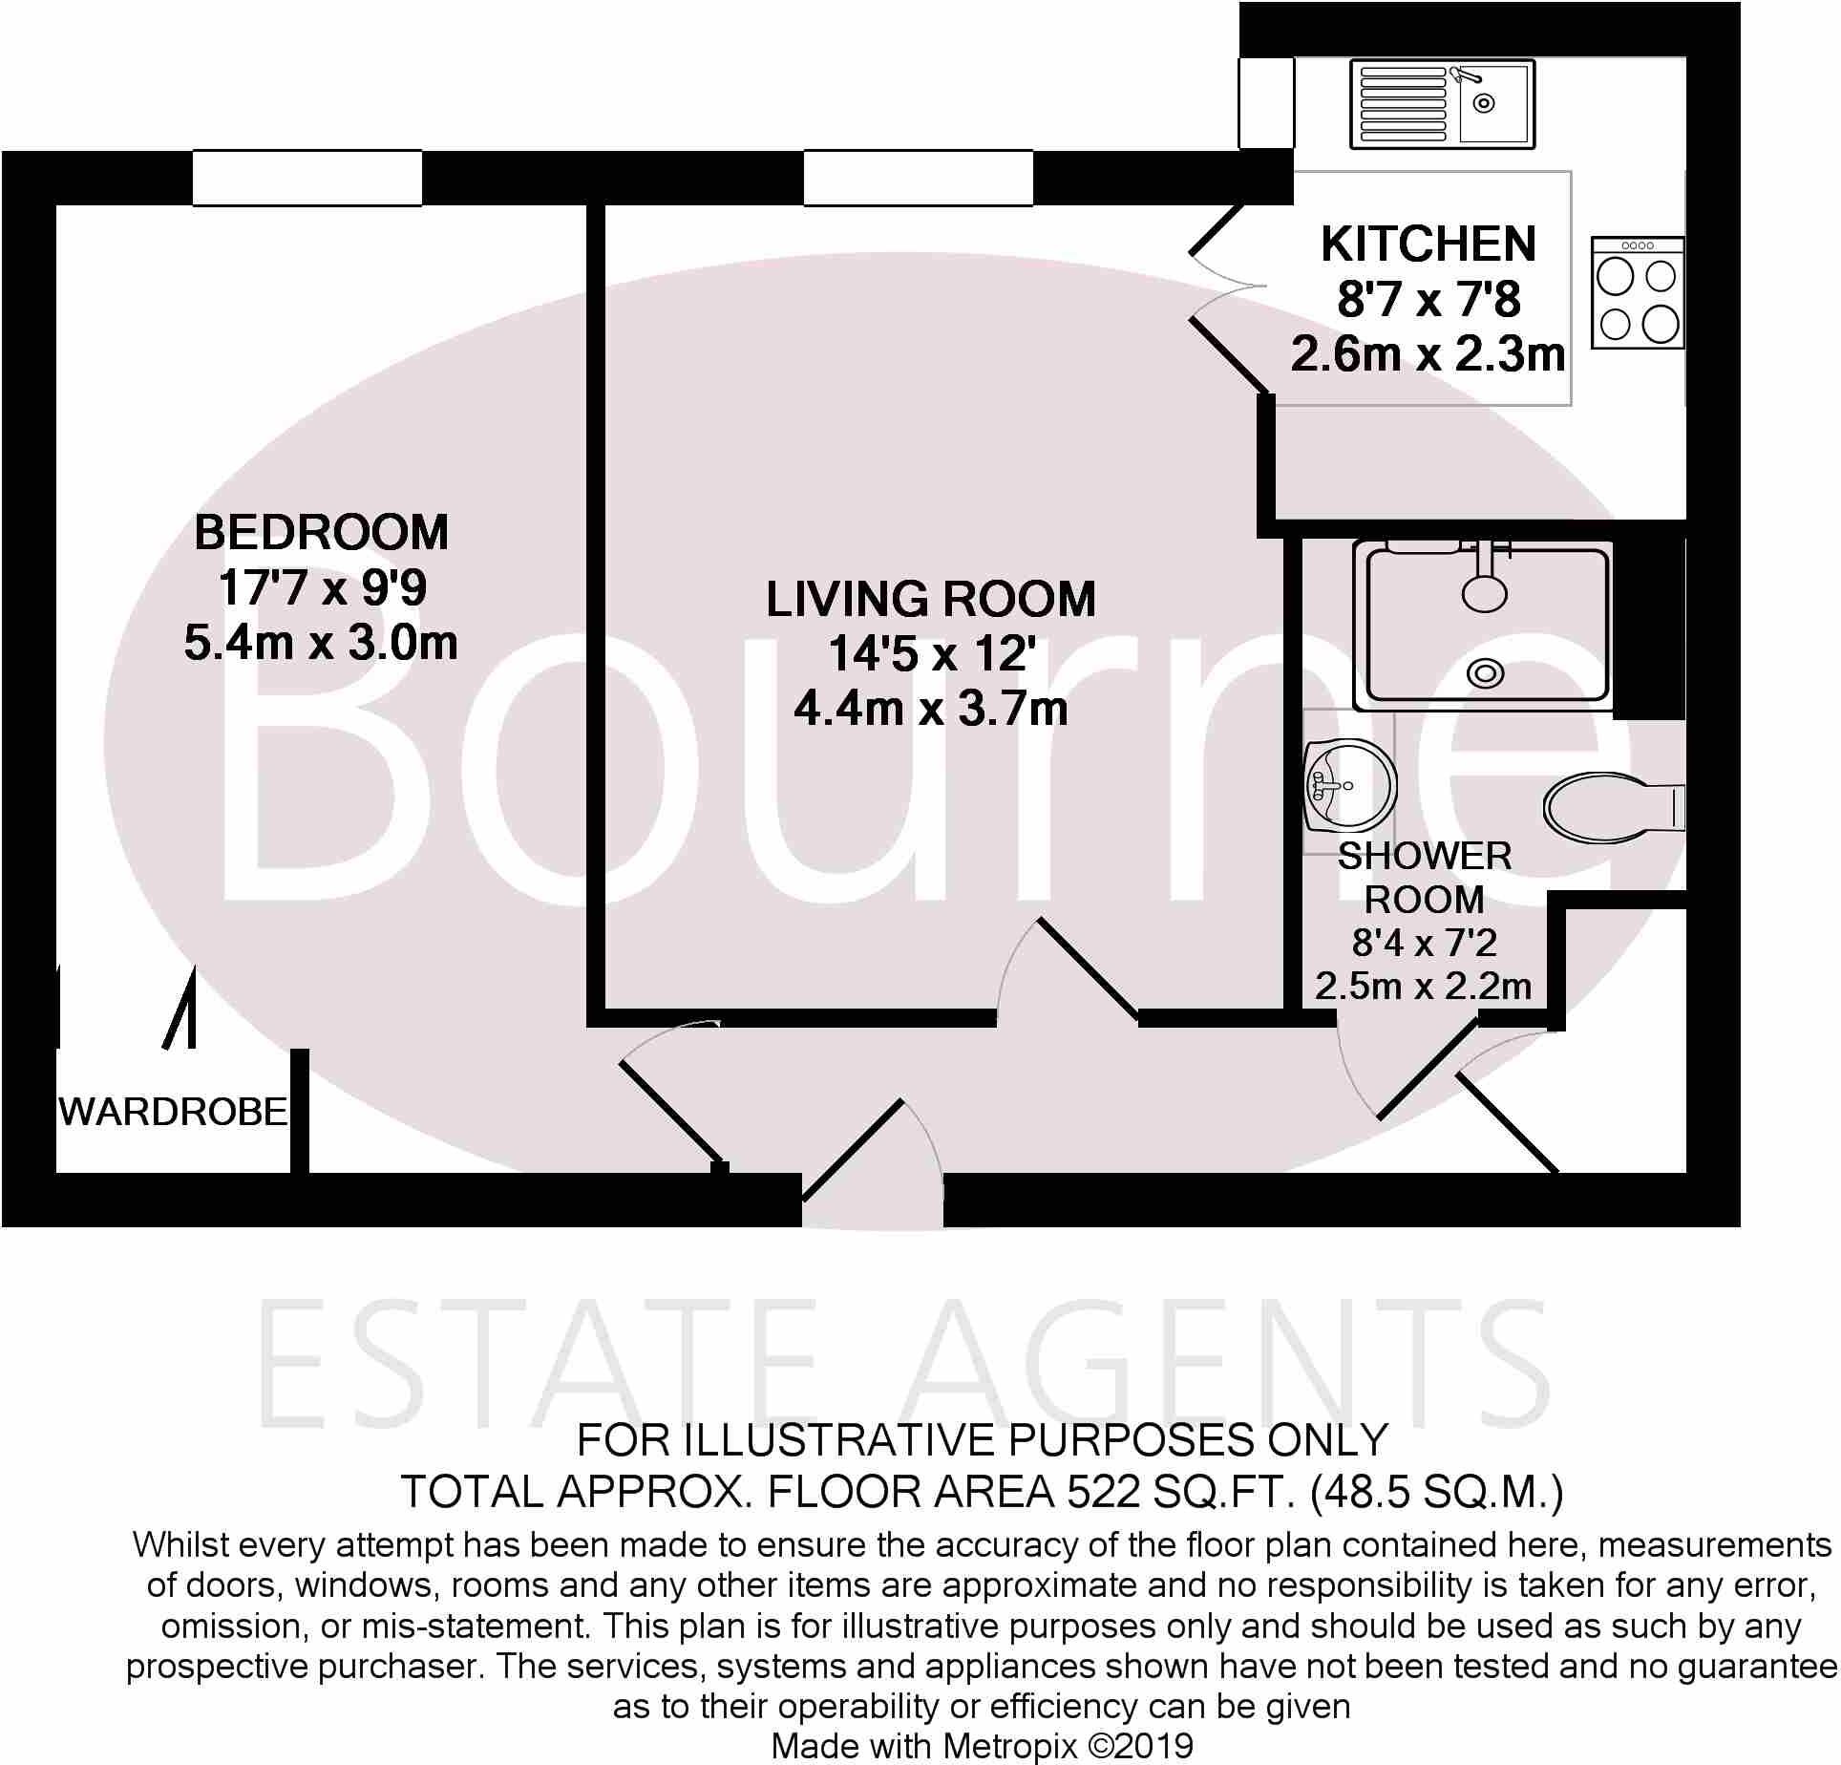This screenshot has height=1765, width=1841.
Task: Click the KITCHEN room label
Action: click(x=1428, y=245)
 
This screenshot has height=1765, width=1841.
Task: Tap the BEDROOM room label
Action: click(x=321, y=533)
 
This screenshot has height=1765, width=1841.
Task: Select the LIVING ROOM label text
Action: click(x=931, y=600)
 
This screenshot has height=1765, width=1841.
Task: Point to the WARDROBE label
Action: click(x=173, y=1112)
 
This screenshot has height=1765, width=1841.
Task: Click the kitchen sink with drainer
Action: click(x=1442, y=104)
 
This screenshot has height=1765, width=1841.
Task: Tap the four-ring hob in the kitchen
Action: click(x=1638, y=292)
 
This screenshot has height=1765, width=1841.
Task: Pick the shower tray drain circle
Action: click(x=1486, y=673)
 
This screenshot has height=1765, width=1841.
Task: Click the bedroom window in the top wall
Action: click(x=307, y=178)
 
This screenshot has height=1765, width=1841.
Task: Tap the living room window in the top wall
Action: click(x=918, y=178)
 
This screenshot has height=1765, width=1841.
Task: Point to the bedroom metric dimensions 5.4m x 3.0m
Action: click(x=321, y=644)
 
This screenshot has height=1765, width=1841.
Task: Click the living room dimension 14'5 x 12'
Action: click(x=931, y=655)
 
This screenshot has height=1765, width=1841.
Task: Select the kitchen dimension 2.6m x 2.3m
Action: click(x=1428, y=355)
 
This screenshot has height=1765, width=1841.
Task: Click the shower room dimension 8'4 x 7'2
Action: click(x=1424, y=944)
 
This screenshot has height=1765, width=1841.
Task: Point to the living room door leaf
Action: click(x=1088, y=966)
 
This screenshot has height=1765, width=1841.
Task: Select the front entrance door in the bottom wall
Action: click(x=853, y=1149)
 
